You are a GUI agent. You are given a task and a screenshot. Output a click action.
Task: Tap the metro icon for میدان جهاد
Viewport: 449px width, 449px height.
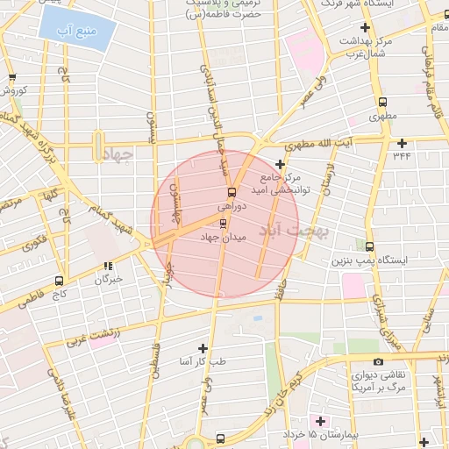pos(221,223)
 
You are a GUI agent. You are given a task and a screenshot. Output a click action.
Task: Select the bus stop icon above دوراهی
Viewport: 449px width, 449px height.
pos(232,192)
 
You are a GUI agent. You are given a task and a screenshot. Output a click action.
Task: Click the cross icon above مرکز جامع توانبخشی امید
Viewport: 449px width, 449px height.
pos(281,163)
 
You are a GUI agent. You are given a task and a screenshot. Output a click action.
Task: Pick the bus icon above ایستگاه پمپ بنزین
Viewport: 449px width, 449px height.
pos(369,246)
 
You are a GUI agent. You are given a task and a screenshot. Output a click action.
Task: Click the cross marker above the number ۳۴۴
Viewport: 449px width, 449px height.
pos(403,143)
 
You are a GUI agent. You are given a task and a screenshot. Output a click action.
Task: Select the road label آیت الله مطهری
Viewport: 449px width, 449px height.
pos(348,142)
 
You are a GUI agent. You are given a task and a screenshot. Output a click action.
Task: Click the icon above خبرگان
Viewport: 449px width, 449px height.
pos(108,267)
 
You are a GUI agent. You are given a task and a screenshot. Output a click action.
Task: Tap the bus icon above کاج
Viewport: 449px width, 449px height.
pos(59,282)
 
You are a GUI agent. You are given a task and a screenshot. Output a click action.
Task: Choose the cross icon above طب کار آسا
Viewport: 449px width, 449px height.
pos(203,348)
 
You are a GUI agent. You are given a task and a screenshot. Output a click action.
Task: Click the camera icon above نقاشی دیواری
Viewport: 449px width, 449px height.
pos(378,361)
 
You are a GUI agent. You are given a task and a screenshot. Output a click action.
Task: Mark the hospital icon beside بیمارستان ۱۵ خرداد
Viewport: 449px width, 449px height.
pos(319,422)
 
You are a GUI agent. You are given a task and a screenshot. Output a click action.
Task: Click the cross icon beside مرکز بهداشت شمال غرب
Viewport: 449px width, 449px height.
pos(365,28)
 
